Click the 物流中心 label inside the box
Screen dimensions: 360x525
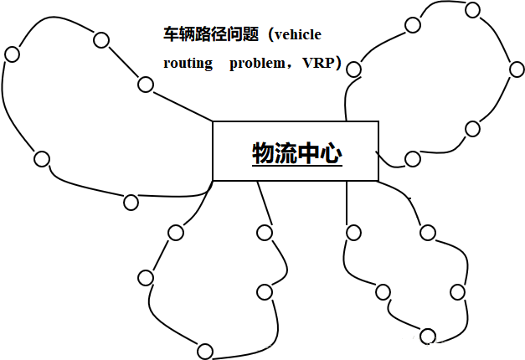(296, 152)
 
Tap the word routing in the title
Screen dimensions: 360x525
(188, 63)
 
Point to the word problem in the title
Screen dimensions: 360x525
(257, 63)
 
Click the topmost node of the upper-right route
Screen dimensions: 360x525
(472, 10)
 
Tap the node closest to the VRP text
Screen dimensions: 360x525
(353, 69)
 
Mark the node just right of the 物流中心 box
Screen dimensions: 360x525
(411, 158)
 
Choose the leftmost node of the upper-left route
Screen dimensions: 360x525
(12, 54)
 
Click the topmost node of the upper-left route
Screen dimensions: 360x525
(101, 39)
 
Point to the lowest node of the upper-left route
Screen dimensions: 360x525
(131, 202)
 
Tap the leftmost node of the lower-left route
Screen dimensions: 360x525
(146, 277)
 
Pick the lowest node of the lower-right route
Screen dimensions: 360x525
(428, 337)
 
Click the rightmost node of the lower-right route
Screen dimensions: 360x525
(457, 291)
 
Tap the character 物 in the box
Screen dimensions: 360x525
(264, 152)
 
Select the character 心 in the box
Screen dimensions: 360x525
(331, 152)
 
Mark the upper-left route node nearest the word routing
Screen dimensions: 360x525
(146, 84)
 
